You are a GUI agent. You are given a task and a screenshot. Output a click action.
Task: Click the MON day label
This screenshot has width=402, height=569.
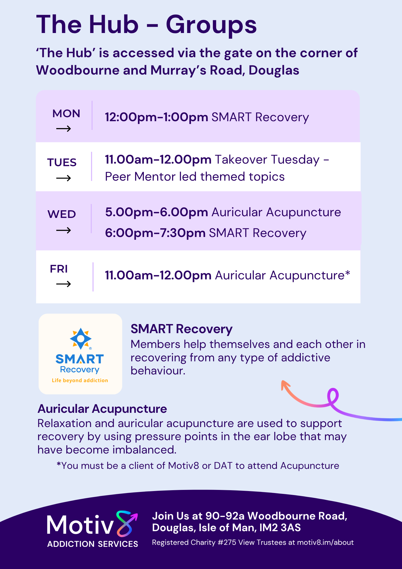tap(66, 114)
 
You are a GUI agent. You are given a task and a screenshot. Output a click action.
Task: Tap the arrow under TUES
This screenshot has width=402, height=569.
tap(63, 178)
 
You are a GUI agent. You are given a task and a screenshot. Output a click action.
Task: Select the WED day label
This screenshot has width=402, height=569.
tap(62, 214)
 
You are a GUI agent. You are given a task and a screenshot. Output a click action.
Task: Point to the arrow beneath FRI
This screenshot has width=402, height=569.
tap(63, 284)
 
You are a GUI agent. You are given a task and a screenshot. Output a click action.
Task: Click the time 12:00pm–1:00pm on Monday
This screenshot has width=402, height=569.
tap(156, 117)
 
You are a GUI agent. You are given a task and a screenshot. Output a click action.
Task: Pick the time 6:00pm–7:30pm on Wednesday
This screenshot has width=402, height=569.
tap(155, 233)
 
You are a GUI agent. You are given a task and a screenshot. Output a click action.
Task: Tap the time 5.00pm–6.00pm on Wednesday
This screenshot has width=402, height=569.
tap(156, 212)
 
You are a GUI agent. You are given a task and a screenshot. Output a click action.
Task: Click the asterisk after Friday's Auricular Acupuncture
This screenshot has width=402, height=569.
tap(347, 274)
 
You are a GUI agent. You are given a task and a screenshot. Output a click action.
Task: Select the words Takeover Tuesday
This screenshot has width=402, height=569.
tap(267, 160)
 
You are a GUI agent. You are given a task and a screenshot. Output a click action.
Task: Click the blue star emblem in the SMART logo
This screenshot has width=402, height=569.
tap(81, 339)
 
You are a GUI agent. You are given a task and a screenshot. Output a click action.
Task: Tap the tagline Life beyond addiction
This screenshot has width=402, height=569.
tap(80, 380)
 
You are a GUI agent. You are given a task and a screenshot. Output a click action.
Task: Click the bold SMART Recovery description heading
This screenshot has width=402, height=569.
tap(181, 329)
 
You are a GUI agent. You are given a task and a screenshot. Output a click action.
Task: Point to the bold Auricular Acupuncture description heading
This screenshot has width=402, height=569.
tap(102, 409)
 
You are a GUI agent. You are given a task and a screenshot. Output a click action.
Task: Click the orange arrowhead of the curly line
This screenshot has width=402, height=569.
tap(285, 385)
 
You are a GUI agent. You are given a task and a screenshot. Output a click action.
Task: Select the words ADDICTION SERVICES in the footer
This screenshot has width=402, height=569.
tap(93, 544)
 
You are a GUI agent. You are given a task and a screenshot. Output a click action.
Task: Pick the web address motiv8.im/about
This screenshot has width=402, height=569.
tap(325, 543)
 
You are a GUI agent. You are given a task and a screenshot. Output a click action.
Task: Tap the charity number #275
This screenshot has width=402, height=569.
tap(227, 543)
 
